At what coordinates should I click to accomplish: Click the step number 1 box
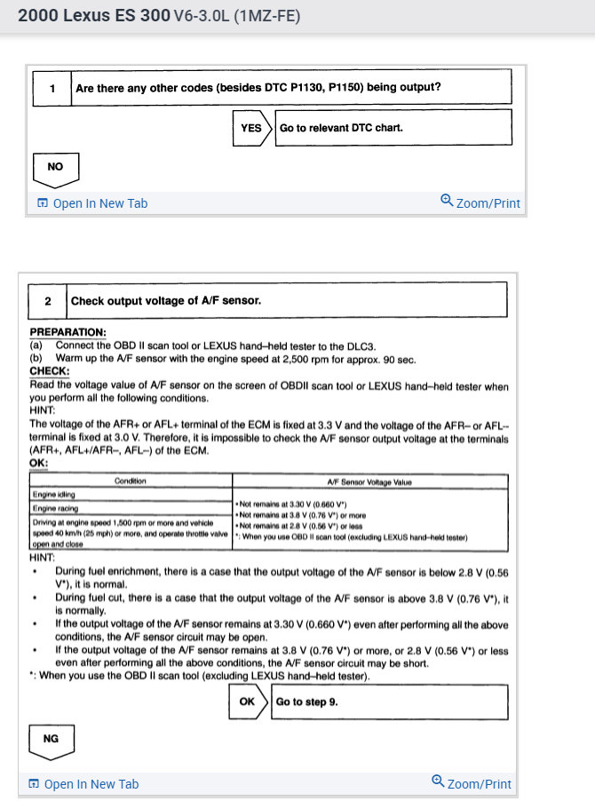tap(52, 87)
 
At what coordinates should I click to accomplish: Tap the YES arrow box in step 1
tap(252, 128)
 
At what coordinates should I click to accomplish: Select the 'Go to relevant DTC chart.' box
tap(393, 128)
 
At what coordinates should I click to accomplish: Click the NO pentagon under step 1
tap(55, 167)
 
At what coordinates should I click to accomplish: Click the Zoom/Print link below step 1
tap(480, 203)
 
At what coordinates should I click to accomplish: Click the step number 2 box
tap(47, 301)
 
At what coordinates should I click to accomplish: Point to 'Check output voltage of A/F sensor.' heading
tap(166, 301)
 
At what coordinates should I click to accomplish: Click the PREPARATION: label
tap(67, 333)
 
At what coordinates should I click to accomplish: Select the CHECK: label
tap(50, 371)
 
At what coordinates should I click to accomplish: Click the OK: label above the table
tap(39, 463)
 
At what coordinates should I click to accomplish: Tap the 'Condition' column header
tap(131, 481)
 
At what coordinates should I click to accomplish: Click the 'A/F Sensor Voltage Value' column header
tap(369, 481)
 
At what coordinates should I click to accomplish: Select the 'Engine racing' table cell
tap(55, 508)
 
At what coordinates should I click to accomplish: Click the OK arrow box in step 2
tap(248, 702)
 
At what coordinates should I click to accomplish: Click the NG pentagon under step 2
tap(51, 740)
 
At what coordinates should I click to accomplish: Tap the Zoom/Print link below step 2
tap(472, 784)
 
